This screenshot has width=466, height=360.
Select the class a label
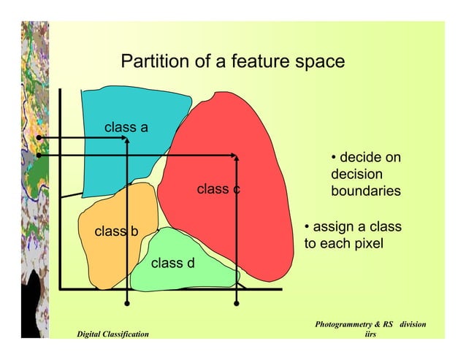click(x=126, y=128)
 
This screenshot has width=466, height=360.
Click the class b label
click(x=116, y=232)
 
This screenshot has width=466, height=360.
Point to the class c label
click(x=218, y=189)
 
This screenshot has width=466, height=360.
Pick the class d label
click(x=172, y=263)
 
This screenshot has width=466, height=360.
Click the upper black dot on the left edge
click(x=39, y=137)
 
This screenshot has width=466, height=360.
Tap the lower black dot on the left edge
click(x=39, y=155)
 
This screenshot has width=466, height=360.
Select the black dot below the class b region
click(x=127, y=302)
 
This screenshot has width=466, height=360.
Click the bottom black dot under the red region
click(x=237, y=302)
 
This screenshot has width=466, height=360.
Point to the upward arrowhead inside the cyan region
click(x=127, y=141)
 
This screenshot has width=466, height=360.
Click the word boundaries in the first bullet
click(x=365, y=191)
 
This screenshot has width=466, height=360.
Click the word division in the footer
click(x=410, y=323)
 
